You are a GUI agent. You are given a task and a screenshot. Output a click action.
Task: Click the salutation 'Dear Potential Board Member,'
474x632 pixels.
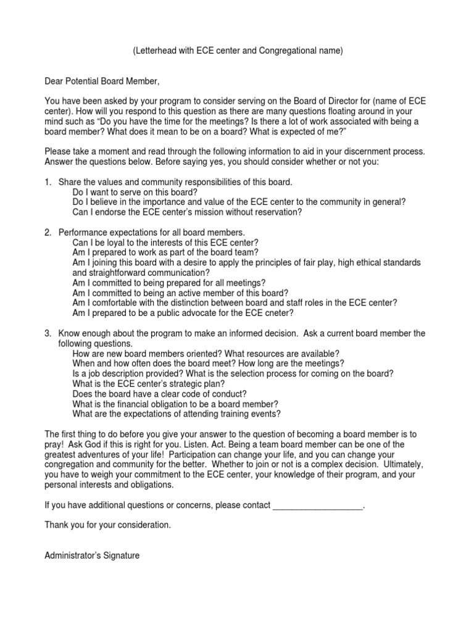[102, 81]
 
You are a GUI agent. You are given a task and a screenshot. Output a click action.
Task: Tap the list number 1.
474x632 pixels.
[48, 183]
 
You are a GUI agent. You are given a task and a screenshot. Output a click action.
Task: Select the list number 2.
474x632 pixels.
[48, 233]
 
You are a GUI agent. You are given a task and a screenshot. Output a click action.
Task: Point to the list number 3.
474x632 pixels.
[48, 333]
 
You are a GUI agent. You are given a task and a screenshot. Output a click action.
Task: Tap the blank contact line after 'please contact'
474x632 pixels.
[317, 505]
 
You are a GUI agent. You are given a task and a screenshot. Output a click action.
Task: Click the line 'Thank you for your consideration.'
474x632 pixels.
[107, 525]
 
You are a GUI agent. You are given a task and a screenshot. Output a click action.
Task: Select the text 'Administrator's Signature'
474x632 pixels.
[92, 555]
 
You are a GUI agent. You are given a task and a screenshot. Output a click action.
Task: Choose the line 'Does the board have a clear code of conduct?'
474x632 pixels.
[160, 394]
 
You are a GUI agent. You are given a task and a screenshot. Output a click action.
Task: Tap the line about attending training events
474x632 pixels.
[177, 414]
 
